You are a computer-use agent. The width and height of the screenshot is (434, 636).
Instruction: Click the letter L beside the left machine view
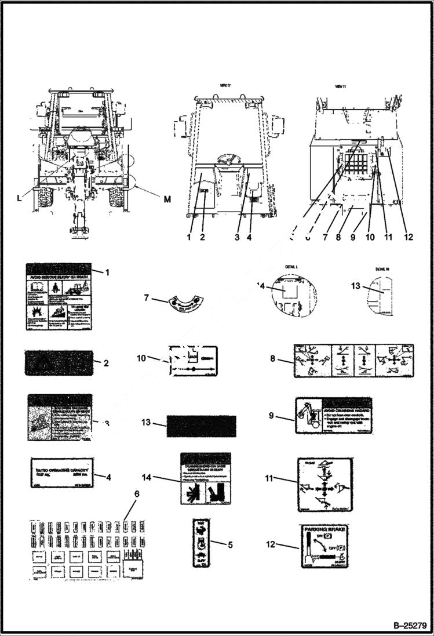click(x=20, y=198)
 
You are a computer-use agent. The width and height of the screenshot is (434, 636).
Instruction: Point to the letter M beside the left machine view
click(x=167, y=199)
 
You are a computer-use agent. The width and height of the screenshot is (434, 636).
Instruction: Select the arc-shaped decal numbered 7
click(x=182, y=303)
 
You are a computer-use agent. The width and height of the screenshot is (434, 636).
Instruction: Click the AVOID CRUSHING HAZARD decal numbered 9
click(x=333, y=416)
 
